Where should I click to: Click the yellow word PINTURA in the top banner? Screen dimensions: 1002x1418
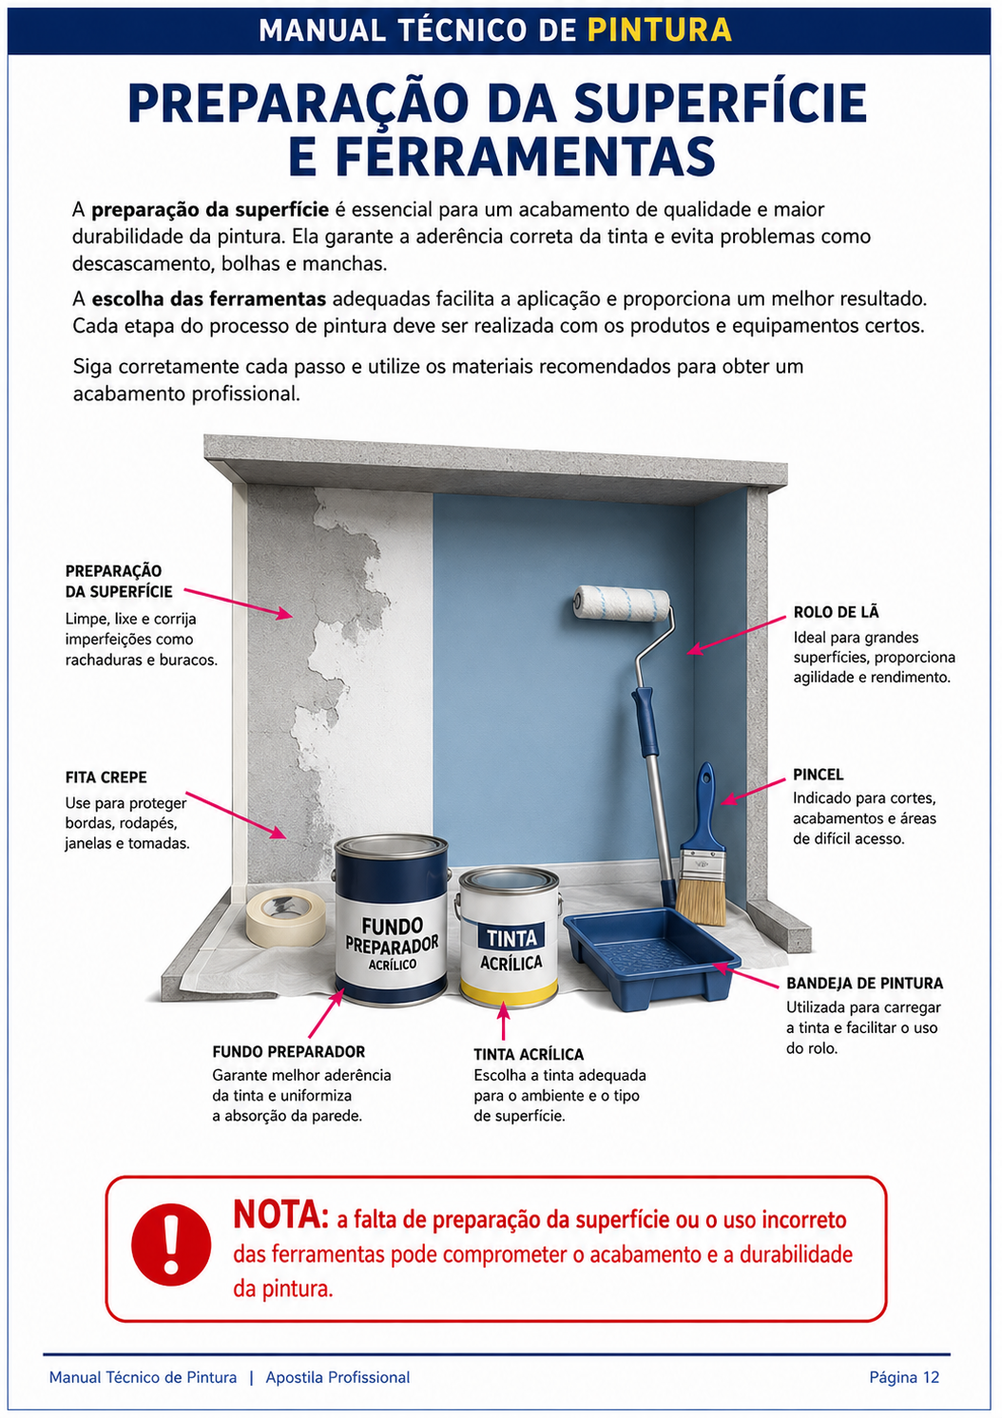[x=660, y=30]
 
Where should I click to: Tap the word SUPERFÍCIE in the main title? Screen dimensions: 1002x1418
[x=721, y=104]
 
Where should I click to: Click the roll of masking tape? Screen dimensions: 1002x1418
[x=285, y=917]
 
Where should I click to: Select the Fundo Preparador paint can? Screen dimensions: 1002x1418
[x=391, y=920]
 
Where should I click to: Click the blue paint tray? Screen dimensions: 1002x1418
[x=651, y=958]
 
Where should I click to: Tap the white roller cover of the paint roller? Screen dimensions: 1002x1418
[x=622, y=604]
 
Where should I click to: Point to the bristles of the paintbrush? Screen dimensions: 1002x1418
[x=702, y=900]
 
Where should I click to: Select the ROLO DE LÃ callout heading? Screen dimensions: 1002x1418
[x=836, y=612]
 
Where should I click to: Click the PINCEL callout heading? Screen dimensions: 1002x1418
[x=819, y=775]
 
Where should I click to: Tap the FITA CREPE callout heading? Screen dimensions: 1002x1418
[x=106, y=777]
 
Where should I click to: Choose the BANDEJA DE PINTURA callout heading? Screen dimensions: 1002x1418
[x=864, y=983]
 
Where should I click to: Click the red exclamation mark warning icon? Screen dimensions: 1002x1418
[x=171, y=1244]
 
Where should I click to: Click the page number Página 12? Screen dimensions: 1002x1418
[x=904, y=1377]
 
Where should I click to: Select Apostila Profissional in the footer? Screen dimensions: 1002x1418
[x=337, y=1377]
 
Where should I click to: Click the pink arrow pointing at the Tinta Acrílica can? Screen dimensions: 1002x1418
[x=504, y=1020]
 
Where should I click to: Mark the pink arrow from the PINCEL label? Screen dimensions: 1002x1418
[x=753, y=792]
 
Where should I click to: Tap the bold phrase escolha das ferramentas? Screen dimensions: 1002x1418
[x=209, y=298]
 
